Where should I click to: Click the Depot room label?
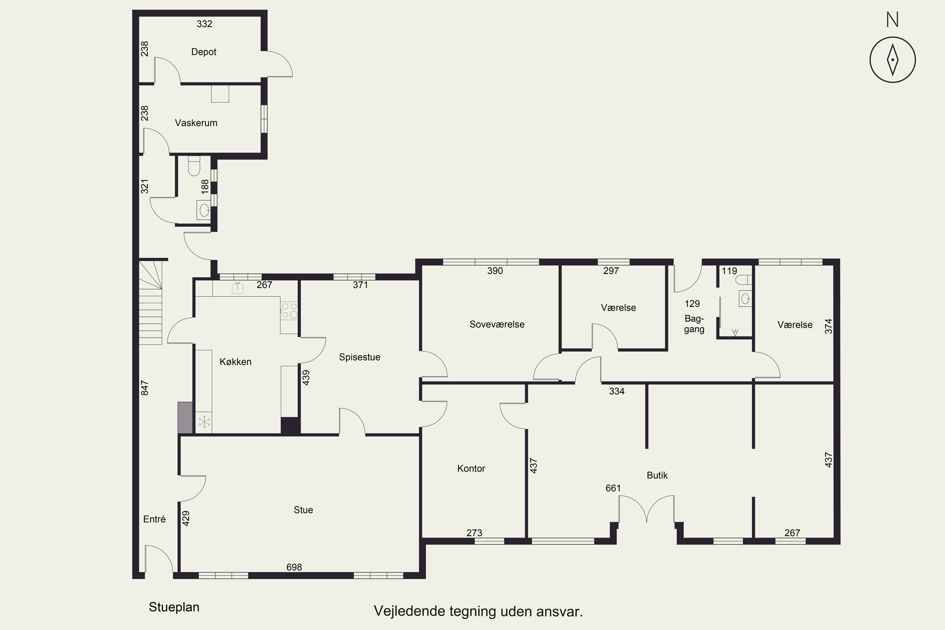pyautogui.click(x=204, y=52)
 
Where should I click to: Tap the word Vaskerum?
pyautogui.click(x=196, y=123)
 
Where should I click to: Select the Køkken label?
pyautogui.click(x=235, y=362)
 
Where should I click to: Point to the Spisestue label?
pyautogui.click(x=360, y=357)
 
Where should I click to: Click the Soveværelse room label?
pyautogui.click(x=497, y=324)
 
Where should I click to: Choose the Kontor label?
pyautogui.click(x=471, y=468)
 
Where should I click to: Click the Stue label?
pyautogui.click(x=303, y=510)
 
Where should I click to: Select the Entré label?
pyautogui.click(x=154, y=519)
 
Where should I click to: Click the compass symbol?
pyautogui.click(x=893, y=60)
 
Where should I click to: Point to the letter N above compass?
pyautogui.click(x=892, y=20)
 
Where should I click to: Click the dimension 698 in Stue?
pyautogui.click(x=294, y=567)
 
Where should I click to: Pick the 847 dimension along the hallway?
pyautogui.click(x=145, y=388)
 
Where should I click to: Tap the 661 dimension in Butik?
pyautogui.click(x=613, y=488)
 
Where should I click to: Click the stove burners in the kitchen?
pyautogui.click(x=289, y=311)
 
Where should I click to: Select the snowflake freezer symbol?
pyautogui.click(x=204, y=422)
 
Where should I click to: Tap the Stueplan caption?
pyautogui.click(x=174, y=607)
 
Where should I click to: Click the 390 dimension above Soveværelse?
pyautogui.click(x=495, y=271)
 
